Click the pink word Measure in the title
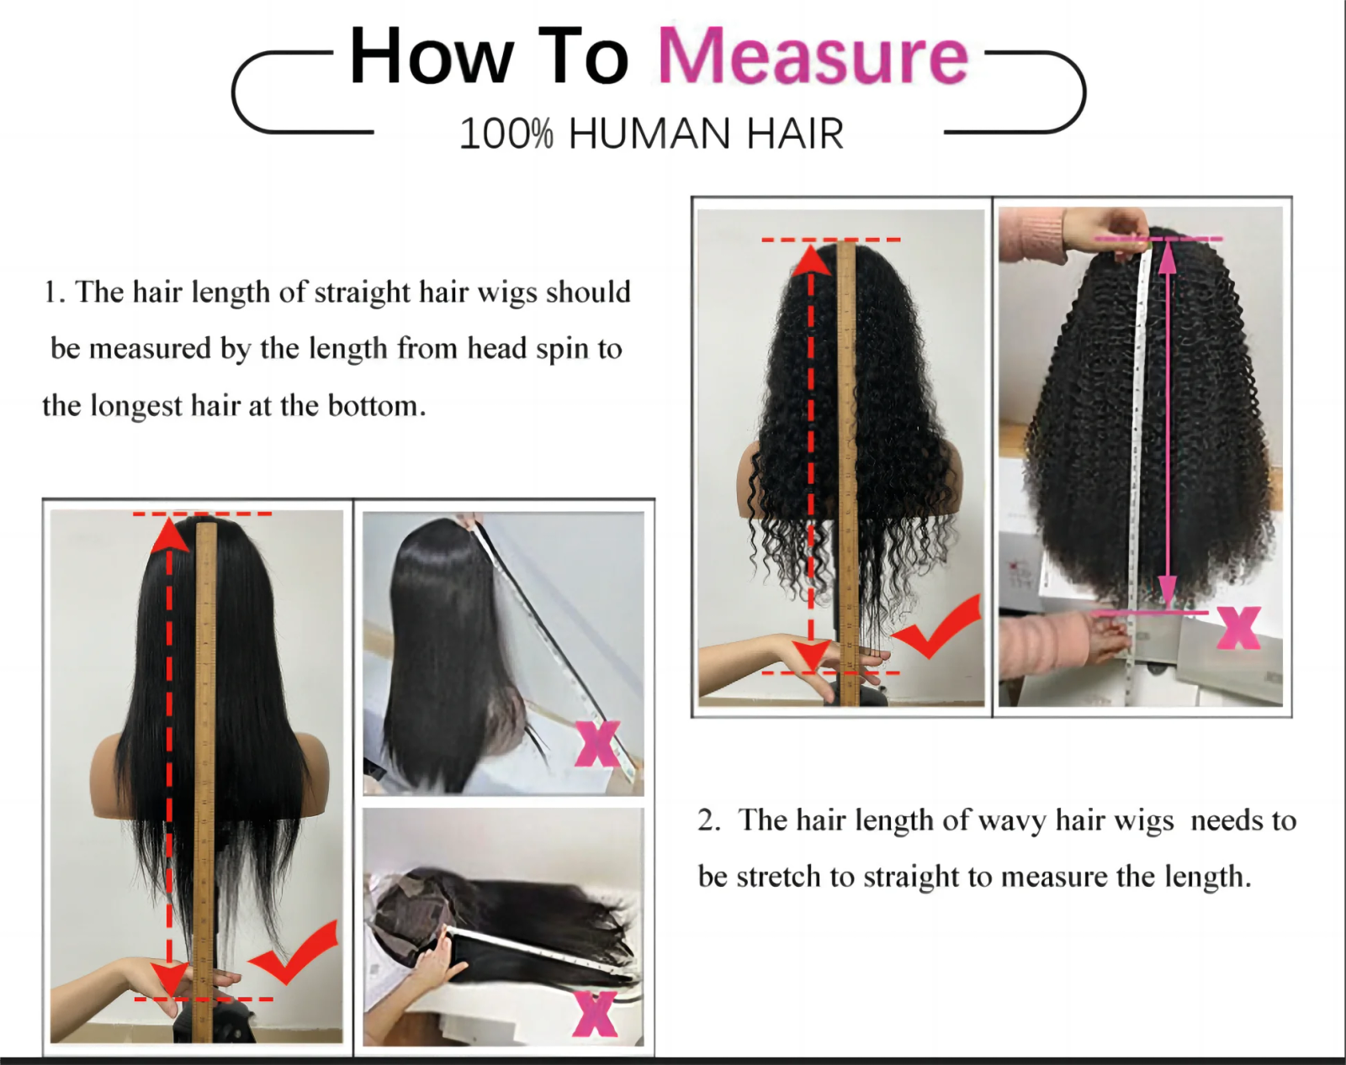click(813, 57)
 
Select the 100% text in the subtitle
click(506, 134)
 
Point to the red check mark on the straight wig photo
click(296, 954)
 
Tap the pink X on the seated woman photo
click(597, 743)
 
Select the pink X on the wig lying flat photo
click(594, 1013)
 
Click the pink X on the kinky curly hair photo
click(1238, 628)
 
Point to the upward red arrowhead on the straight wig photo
click(170, 535)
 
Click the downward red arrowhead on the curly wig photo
click(811, 656)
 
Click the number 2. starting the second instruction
click(708, 820)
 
